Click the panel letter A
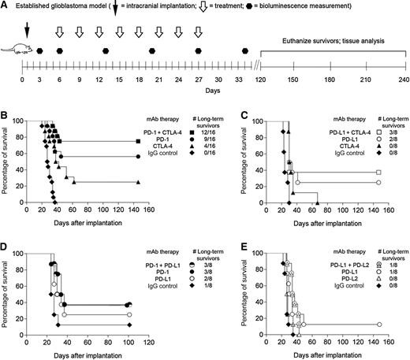click(x=6, y=7)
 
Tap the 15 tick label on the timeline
click(x=119, y=80)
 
